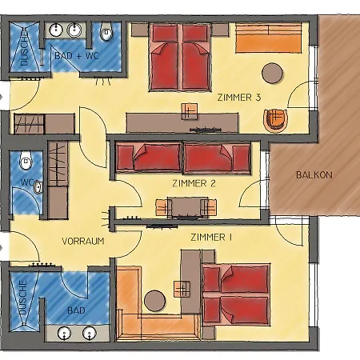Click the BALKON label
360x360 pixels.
pos(314,175)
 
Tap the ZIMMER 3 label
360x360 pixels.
pos(239,98)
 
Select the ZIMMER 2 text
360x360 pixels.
pos(194,183)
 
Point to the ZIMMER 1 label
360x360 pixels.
pos(211,237)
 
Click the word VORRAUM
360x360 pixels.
pos(83,241)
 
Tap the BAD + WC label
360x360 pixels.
pos(77,56)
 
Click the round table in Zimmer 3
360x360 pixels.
pos(272,73)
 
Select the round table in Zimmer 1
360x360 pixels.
pos(154,301)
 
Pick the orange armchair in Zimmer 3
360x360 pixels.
pos(276,121)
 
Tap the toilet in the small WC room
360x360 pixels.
pos(26,159)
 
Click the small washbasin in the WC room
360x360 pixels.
pos(38,186)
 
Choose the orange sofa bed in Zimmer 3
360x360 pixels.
pos(268,38)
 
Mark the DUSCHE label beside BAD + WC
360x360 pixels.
pos(24,48)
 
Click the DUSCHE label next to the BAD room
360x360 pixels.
pos(23,297)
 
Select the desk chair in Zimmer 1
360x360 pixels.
pos(182,289)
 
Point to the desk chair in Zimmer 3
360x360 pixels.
pos(190,111)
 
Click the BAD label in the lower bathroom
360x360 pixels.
pos(76,310)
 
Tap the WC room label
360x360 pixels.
pos(26,182)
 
